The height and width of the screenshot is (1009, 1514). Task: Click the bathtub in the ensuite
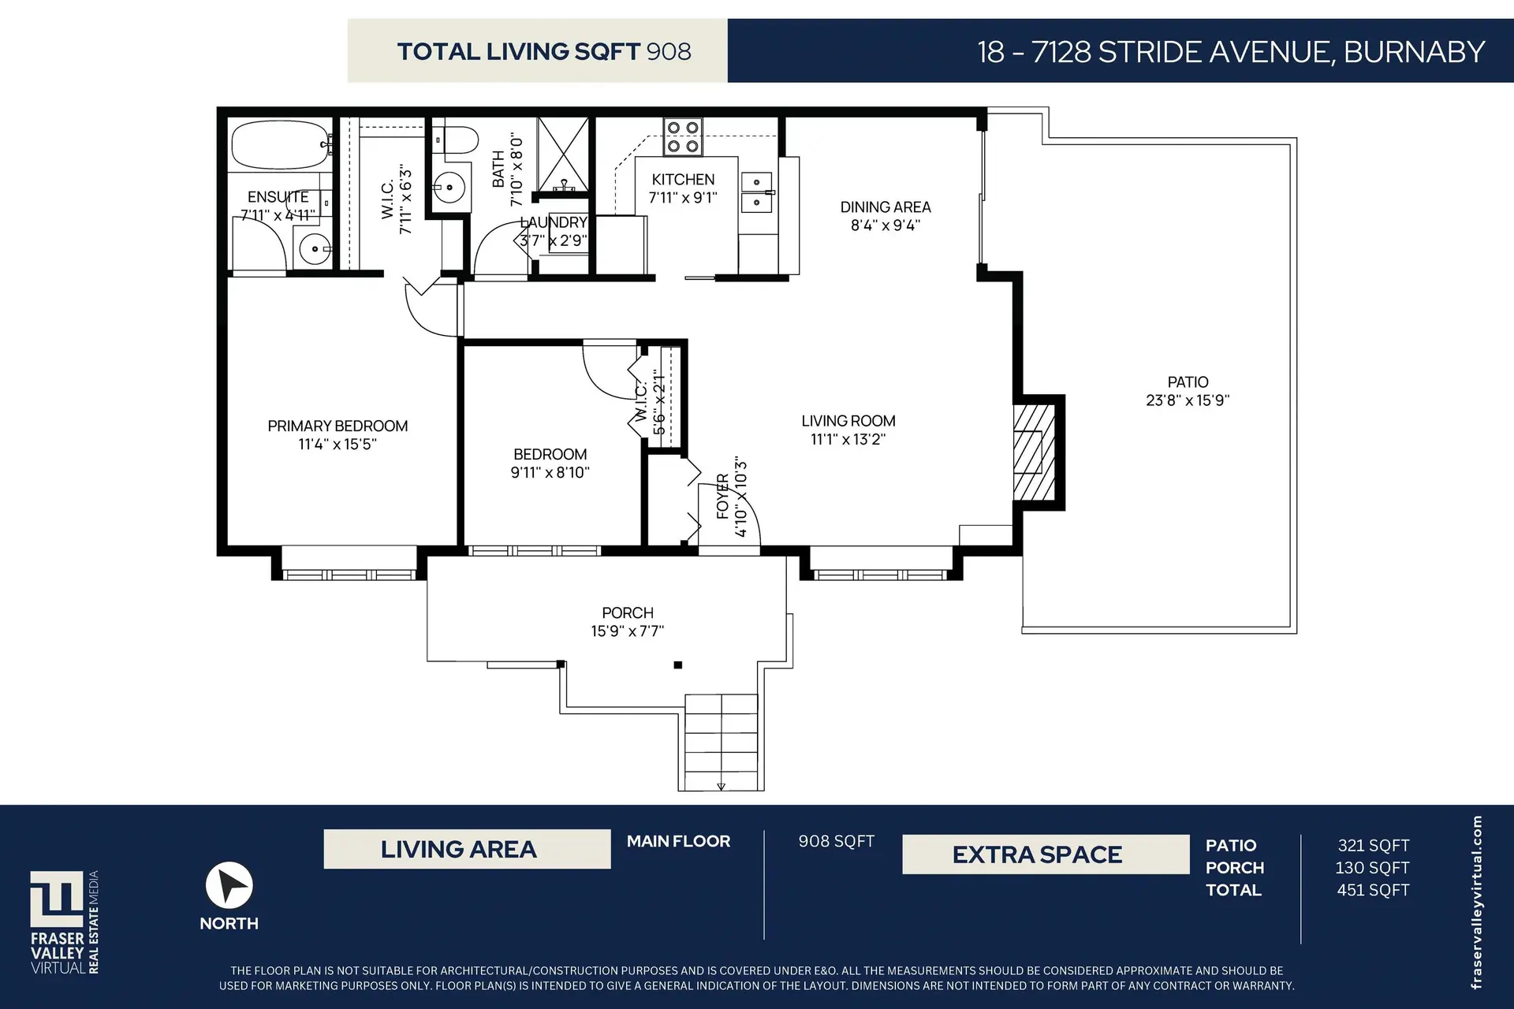[x=280, y=145]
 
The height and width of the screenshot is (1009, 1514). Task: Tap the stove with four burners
[x=683, y=137]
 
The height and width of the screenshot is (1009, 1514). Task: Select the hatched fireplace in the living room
[x=1035, y=452]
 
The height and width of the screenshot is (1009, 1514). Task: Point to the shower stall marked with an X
[x=563, y=155]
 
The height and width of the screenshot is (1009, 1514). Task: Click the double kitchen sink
[x=757, y=193]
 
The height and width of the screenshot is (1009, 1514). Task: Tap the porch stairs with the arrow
[x=721, y=741]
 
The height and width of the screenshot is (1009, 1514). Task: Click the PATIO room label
[x=1188, y=382]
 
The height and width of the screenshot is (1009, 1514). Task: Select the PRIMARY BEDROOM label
[x=337, y=426]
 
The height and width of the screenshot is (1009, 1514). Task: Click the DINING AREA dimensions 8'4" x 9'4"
[x=885, y=225]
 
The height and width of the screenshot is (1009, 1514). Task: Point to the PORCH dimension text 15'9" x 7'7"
[x=628, y=631]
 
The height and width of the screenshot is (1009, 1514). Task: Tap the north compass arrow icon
[x=229, y=885]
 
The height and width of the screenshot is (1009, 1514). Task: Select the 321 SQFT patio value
[x=1373, y=845]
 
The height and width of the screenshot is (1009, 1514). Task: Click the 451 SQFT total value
[x=1373, y=890]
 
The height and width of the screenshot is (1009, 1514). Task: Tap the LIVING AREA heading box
[x=467, y=849]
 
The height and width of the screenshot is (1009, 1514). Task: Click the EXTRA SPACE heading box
[x=1046, y=854]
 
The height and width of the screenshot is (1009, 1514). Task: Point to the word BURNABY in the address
[x=1414, y=52]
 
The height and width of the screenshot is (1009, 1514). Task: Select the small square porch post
[x=677, y=665]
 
